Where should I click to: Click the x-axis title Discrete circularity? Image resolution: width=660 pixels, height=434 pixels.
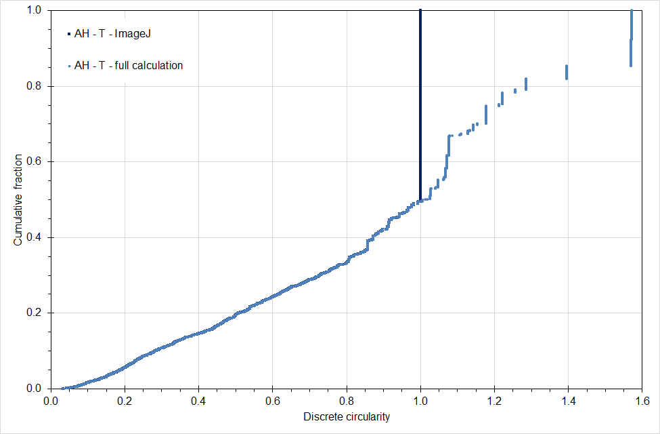click(347, 417)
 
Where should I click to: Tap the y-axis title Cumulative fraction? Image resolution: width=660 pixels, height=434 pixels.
click(18, 200)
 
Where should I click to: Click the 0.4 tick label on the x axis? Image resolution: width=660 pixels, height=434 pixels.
click(198, 400)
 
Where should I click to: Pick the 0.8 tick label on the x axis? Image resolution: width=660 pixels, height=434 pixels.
click(347, 400)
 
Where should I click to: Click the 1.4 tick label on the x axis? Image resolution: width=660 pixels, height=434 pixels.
click(569, 400)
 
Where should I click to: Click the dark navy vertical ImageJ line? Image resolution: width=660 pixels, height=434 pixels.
click(420, 102)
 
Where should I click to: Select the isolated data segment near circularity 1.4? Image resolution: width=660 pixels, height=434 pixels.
click(567, 72)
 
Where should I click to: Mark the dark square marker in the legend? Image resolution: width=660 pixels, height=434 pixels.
click(68, 33)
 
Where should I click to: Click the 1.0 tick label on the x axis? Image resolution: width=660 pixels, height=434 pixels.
click(420, 400)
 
